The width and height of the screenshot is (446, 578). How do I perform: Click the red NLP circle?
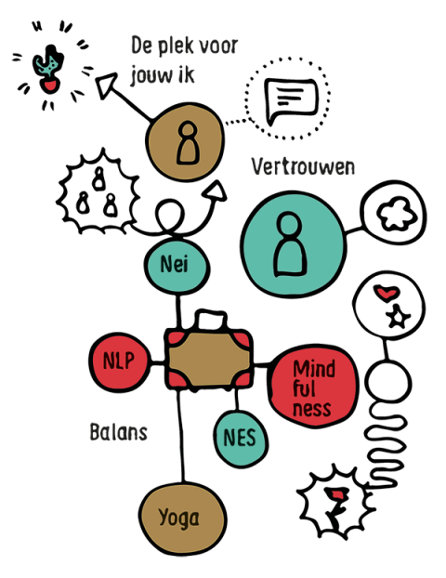tap(120, 361)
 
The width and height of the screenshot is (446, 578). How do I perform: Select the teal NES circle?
tap(241, 439)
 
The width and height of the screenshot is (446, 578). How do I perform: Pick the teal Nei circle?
tap(177, 266)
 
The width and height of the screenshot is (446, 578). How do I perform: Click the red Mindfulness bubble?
tap(313, 387)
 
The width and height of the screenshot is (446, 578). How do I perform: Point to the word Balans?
tap(119, 432)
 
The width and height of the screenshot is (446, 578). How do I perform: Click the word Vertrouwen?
tap(303, 167)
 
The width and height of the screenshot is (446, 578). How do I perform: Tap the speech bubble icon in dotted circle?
tap(291, 100)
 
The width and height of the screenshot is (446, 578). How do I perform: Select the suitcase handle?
tap(212, 319)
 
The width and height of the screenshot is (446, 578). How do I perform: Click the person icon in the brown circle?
tap(188, 143)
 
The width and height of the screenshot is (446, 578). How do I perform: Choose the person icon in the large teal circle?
tap(290, 244)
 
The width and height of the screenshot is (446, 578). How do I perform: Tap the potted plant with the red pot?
tap(48, 69)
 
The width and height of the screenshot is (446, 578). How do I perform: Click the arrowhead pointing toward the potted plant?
tap(106, 85)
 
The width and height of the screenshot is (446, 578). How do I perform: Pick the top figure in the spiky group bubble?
tap(98, 178)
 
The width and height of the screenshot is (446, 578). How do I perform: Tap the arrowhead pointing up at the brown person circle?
tap(216, 190)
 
